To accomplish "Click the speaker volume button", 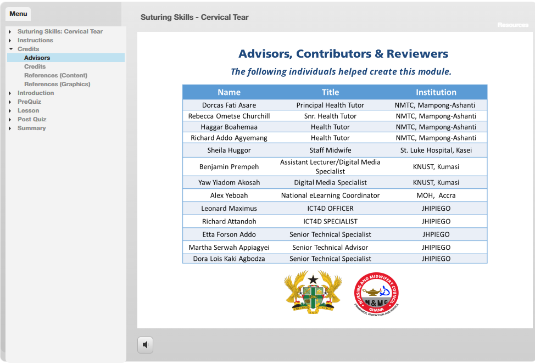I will click(145, 345).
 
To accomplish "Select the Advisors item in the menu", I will click(37, 58).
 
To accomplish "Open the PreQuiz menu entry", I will click(29, 102).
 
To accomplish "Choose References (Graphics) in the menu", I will click(57, 84).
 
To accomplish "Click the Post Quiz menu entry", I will click(32, 119).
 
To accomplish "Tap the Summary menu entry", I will click(31, 128).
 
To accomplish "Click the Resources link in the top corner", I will click(512, 25).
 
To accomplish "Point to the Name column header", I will click(229, 92).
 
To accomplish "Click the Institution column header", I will click(436, 92).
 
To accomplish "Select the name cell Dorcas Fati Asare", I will click(229, 105).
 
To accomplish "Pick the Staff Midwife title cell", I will click(330, 150).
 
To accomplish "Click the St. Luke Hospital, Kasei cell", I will click(436, 150).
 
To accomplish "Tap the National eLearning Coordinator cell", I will click(330, 195).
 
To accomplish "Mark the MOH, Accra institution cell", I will click(436, 195).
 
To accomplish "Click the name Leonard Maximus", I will click(229, 208).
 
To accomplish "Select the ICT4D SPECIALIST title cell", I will click(330, 221).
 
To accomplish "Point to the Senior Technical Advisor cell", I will click(330, 248).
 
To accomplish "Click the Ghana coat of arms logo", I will click(313, 293).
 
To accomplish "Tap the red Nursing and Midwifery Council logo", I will click(376, 294).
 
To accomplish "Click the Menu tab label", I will click(18, 14).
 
